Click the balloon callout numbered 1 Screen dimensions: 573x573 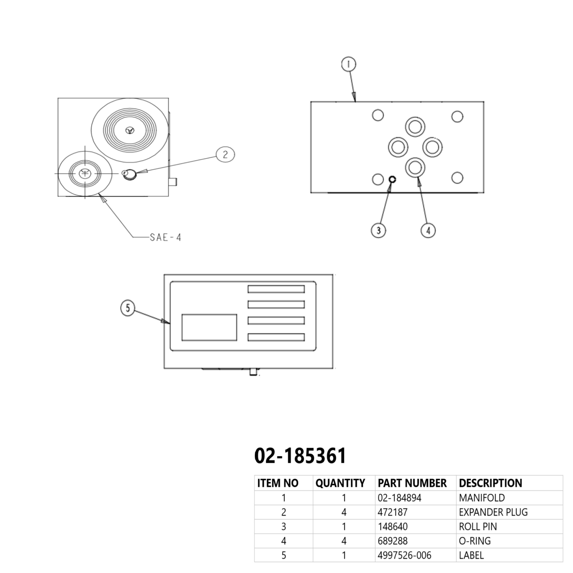(x=349, y=64)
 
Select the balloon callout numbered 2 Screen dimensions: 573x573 (x=225, y=154)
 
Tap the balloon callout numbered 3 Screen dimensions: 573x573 (x=378, y=230)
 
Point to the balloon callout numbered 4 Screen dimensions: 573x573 (x=428, y=230)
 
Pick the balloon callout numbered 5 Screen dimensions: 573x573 (x=128, y=308)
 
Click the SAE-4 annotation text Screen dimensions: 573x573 (x=166, y=237)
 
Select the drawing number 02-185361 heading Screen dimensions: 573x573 (x=300, y=456)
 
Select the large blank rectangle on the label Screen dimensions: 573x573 (x=209, y=327)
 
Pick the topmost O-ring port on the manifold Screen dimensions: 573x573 (x=415, y=127)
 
